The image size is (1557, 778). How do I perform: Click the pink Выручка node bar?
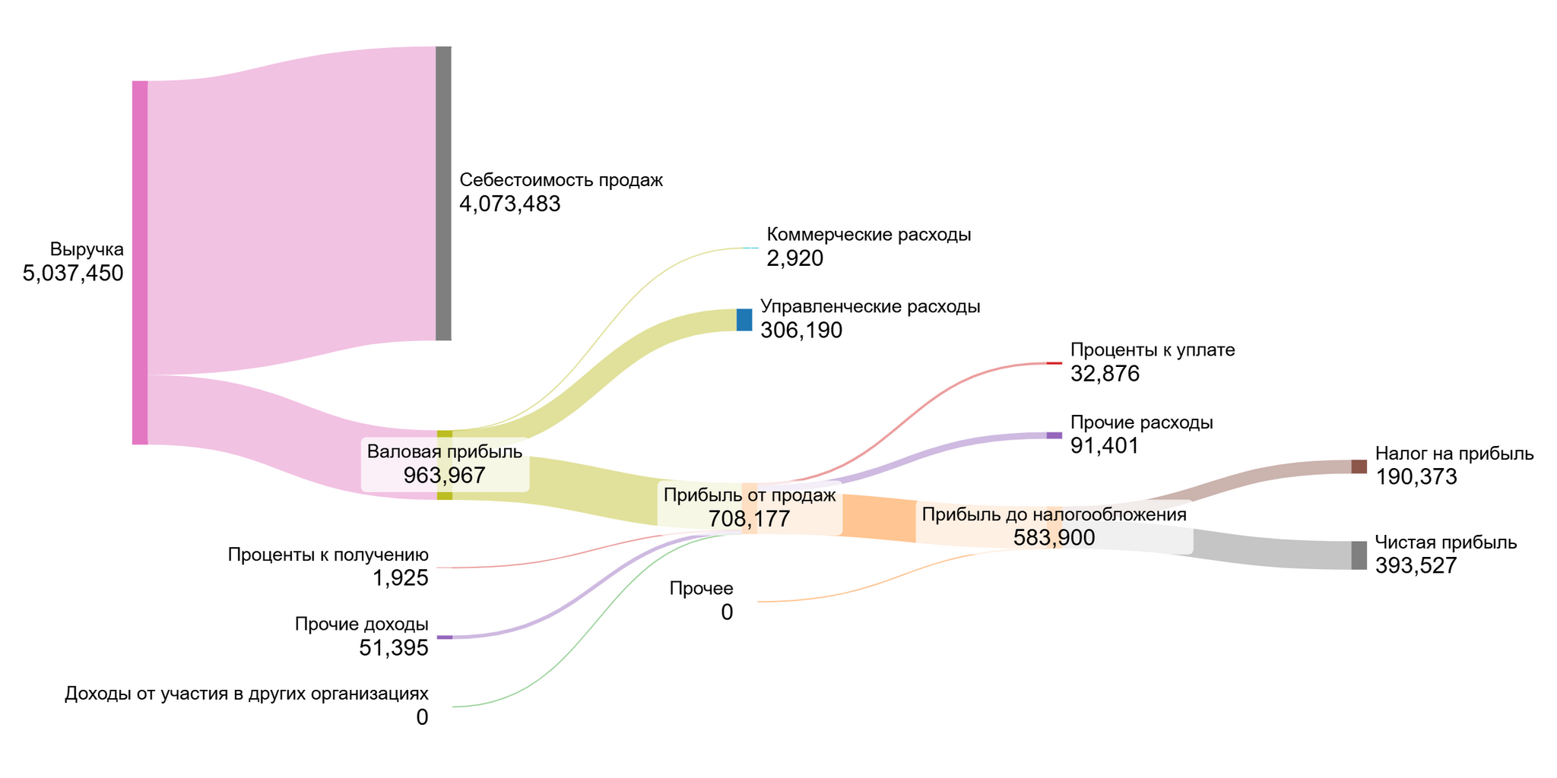(140, 262)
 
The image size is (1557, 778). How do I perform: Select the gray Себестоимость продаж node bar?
(443, 193)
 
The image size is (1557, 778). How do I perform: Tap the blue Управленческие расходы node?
(744, 320)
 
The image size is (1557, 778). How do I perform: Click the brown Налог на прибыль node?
(1359, 466)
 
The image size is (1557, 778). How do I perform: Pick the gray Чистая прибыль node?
(1359, 555)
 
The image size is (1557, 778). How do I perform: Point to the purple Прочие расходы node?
(1054, 435)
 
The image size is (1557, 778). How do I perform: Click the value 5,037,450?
(73, 274)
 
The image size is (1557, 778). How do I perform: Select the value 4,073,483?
(509, 204)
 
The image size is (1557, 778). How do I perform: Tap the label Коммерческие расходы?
(868, 235)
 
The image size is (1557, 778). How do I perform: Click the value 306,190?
(801, 330)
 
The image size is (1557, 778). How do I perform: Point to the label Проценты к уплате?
(1152, 350)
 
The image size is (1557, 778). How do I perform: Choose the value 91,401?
(1105, 446)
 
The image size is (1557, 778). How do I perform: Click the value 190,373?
(1416, 477)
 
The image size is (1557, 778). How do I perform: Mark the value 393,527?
(1416, 566)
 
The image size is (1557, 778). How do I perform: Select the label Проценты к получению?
(328, 555)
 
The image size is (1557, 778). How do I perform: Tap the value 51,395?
(394, 648)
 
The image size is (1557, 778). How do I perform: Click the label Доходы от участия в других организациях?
(246, 694)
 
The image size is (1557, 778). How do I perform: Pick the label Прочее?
(701, 589)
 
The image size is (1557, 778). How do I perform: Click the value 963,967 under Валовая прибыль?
(444, 476)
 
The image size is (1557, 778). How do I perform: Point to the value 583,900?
(1054, 538)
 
